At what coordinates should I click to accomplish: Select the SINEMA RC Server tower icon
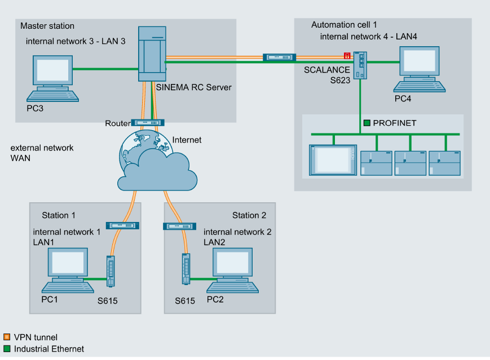point(152,55)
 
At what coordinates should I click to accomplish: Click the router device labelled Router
point(147,122)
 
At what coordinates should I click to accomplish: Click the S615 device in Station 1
point(111,271)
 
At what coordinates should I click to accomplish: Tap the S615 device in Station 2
point(186,269)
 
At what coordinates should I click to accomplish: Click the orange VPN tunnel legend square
point(7,337)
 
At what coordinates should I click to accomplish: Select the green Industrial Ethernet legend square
point(7,349)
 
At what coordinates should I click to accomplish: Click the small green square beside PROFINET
point(367,122)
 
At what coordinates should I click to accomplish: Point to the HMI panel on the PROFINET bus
point(333,160)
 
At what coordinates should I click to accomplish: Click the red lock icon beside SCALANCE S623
point(347,55)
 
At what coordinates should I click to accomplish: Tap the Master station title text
point(47,26)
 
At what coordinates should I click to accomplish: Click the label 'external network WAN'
point(42,153)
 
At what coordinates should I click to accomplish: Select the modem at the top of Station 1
point(122,225)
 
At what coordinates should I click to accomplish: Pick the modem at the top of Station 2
point(179,226)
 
